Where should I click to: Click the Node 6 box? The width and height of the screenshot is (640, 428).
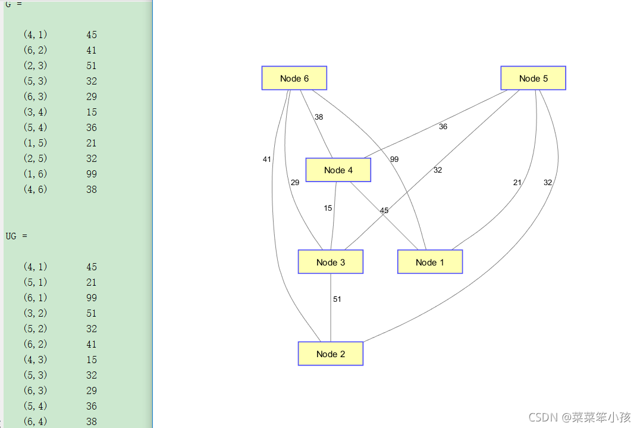[294, 78]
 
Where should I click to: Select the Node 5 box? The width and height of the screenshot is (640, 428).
[533, 78]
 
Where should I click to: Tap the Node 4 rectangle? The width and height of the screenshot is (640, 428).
[338, 170]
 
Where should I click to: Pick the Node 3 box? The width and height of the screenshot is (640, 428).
[330, 262]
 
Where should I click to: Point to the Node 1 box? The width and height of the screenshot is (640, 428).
[429, 262]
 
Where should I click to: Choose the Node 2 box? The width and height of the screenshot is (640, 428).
[330, 354]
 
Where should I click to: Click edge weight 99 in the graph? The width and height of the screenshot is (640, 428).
[394, 160]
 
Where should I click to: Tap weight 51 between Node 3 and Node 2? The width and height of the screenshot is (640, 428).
[337, 299]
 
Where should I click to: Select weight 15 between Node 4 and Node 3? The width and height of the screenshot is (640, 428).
[328, 208]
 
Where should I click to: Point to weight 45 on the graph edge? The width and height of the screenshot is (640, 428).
[384, 211]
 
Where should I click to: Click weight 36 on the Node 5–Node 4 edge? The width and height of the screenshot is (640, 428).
[443, 127]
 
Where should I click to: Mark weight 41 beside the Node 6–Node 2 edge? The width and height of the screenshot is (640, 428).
[266, 160]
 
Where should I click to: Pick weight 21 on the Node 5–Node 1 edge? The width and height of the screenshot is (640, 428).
[517, 183]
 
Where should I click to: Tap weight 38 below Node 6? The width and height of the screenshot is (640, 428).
[319, 117]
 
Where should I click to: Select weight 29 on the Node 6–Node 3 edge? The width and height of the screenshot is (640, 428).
[295, 183]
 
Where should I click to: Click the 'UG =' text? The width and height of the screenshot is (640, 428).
[16, 236]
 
